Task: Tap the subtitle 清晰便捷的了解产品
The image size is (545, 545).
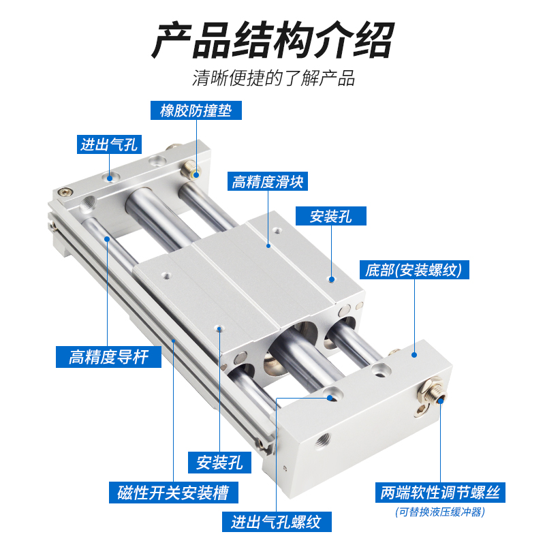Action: pyautogui.click(x=273, y=78)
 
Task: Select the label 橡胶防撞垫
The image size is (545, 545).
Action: pyautogui.click(x=196, y=110)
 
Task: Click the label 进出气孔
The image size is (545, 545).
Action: pyautogui.click(x=109, y=144)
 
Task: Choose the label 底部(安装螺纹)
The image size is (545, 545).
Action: pyautogui.click(x=414, y=270)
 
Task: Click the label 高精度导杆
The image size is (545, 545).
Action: pyautogui.click(x=108, y=356)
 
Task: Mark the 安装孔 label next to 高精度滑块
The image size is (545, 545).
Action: pyautogui.click(x=330, y=217)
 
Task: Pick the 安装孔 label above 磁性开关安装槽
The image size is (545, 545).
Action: pyautogui.click(x=219, y=463)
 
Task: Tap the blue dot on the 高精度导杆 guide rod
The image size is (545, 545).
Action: pyautogui.click(x=108, y=238)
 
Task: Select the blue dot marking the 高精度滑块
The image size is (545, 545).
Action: pyautogui.click(x=268, y=245)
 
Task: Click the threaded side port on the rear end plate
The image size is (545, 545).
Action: pyautogui.click(x=89, y=204)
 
